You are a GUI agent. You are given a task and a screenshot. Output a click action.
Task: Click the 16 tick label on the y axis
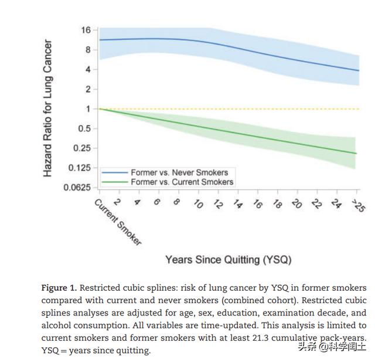pyautogui.click(x=86, y=30)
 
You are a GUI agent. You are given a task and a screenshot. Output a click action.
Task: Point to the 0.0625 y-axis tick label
pyautogui.click(x=78, y=188)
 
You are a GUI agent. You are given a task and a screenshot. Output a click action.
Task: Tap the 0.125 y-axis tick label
pyautogui.click(x=80, y=168)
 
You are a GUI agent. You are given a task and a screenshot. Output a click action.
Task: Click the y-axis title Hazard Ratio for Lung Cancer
pyautogui.click(x=48, y=108)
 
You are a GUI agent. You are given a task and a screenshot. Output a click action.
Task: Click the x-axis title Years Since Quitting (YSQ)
pyautogui.click(x=228, y=259)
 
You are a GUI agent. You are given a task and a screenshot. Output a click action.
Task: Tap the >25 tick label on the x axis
pyautogui.click(x=357, y=205)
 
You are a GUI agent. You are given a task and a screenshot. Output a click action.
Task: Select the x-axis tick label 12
pyautogui.click(x=217, y=205)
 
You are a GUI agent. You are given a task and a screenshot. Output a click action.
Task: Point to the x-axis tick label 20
pyautogui.click(x=297, y=204)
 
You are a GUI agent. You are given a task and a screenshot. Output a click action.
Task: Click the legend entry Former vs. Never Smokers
pyautogui.click(x=179, y=172)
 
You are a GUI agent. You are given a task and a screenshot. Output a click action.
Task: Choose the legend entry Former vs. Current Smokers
pyautogui.click(x=182, y=182)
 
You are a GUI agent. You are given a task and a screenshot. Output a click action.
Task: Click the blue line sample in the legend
pyautogui.click(x=114, y=172)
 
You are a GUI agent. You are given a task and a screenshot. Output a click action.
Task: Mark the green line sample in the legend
pyautogui.click(x=114, y=182)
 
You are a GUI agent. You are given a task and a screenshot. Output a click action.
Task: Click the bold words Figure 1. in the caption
pyautogui.click(x=59, y=288)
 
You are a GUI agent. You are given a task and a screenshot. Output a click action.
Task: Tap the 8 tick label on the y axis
pyautogui.click(x=87, y=50)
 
